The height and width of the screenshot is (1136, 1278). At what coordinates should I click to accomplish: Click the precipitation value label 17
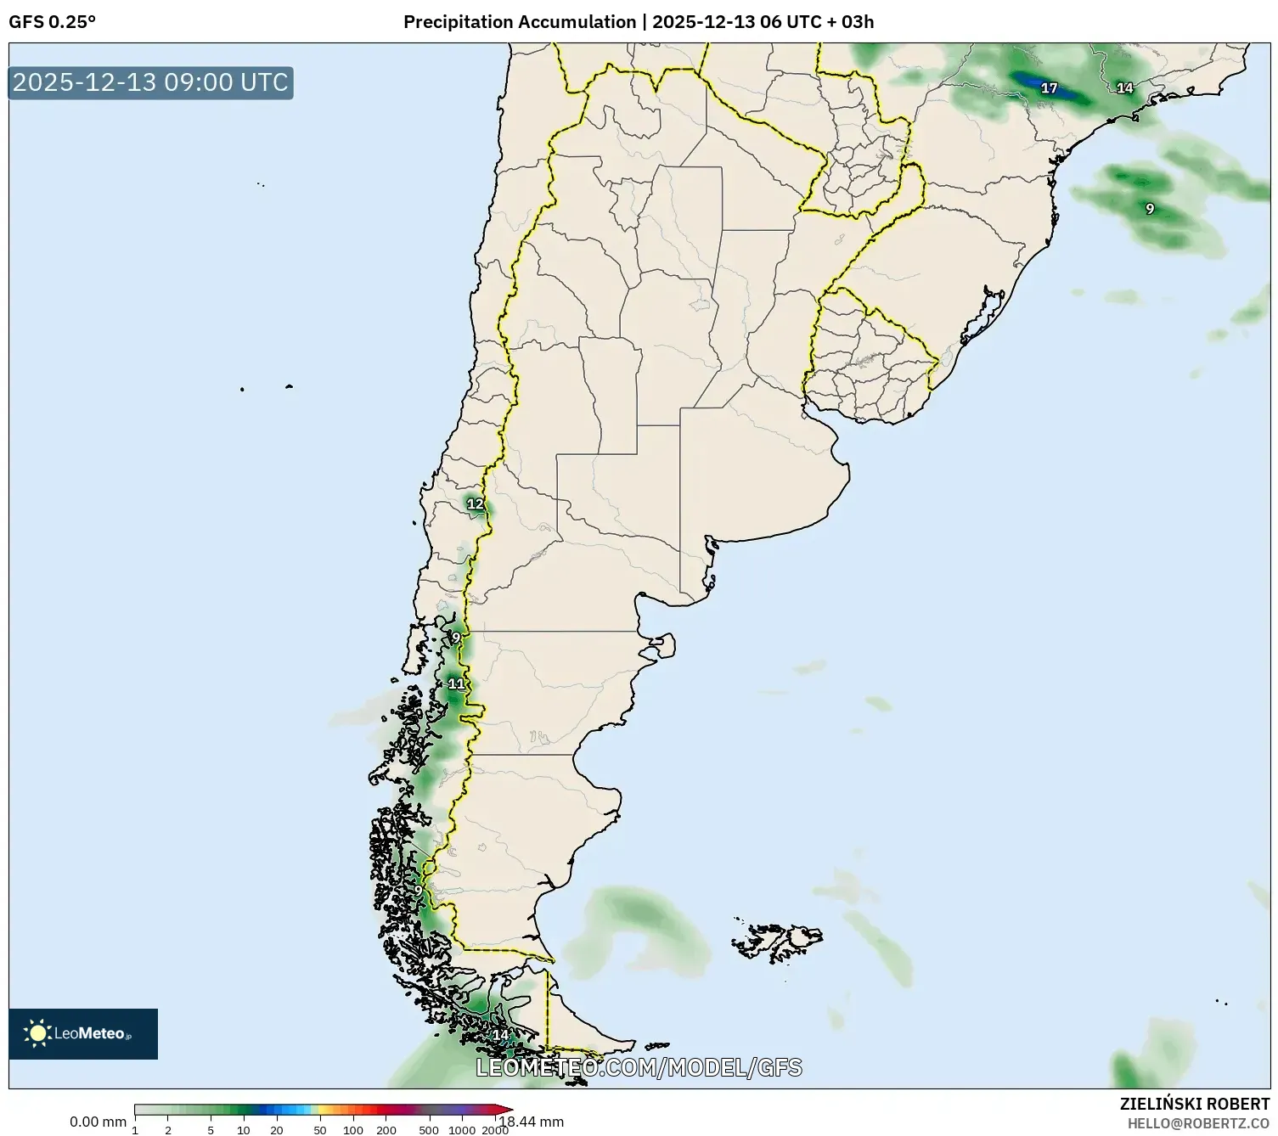(x=1049, y=88)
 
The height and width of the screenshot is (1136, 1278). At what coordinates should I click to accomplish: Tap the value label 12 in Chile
(x=475, y=504)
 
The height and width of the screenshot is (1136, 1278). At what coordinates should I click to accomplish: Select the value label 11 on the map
(x=456, y=684)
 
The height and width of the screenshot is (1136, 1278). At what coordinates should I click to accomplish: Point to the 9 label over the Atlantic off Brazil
(x=1150, y=209)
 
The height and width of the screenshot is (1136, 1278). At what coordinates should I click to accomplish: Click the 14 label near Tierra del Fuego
(x=500, y=1035)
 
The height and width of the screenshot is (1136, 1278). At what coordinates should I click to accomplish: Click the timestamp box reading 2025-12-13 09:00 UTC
(x=151, y=82)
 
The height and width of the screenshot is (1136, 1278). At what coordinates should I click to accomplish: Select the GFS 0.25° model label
(x=52, y=22)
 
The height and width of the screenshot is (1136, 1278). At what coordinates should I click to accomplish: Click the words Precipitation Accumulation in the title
(x=520, y=22)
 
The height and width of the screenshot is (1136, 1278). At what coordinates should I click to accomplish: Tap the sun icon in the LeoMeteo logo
(x=38, y=1033)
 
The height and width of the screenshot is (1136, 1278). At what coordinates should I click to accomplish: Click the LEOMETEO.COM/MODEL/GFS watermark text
(x=639, y=1067)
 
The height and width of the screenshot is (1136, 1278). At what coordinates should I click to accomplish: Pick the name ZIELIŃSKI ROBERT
(x=1195, y=1105)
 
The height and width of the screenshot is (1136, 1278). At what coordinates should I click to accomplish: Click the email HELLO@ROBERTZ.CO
(x=1198, y=1123)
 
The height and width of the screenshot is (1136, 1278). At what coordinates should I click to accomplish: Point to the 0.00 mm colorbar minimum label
(x=98, y=1122)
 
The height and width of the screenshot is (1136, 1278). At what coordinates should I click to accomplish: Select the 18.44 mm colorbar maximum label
(x=532, y=1122)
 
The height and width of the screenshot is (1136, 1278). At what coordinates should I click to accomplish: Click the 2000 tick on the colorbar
(x=495, y=1130)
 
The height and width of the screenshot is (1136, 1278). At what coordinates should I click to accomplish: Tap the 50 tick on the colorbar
(x=319, y=1130)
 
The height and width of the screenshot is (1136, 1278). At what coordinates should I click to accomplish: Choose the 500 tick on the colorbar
(x=429, y=1130)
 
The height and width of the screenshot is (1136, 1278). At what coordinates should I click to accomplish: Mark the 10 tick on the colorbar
(x=244, y=1130)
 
